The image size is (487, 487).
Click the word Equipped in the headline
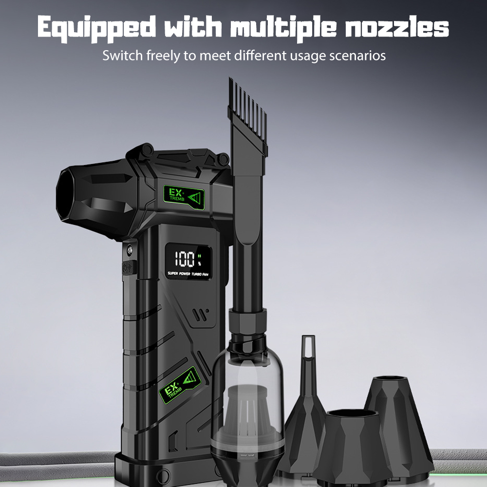pyautogui.click(x=96, y=28)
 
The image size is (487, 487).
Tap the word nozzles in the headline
pyautogui.click(x=397, y=27)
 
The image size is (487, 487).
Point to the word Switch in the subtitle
pyautogui.click(x=122, y=56)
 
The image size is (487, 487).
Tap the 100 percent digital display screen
pyautogui.click(x=188, y=261)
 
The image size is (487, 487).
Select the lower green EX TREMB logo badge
pyautogui.click(x=179, y=385)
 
